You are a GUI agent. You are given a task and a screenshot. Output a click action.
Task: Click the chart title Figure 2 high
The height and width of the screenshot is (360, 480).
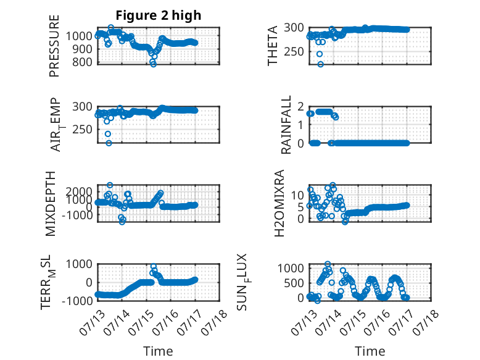(159, 15)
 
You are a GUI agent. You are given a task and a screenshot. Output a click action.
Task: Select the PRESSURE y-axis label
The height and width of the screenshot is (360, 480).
(54, 46)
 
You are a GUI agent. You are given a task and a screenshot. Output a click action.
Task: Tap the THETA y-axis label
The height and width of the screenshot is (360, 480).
(272, 46)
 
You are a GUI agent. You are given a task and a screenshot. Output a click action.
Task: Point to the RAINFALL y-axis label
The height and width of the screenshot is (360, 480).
(286, 125)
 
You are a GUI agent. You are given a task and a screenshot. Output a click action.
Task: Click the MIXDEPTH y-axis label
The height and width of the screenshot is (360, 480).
(51, 204)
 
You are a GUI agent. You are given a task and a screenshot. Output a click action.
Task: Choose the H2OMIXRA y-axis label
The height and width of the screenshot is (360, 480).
(279, 203)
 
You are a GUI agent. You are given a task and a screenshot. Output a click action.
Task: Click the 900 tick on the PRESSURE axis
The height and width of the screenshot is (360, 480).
(79, 49)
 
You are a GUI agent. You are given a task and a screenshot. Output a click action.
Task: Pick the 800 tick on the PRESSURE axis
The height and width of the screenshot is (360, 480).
(79, 62)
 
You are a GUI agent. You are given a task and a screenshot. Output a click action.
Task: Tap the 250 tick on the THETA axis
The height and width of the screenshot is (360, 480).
(294, 51)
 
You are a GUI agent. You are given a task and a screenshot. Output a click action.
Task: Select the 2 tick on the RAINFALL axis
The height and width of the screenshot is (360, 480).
(300, 107)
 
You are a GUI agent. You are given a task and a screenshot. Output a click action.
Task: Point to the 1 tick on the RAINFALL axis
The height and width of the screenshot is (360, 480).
(301, 125)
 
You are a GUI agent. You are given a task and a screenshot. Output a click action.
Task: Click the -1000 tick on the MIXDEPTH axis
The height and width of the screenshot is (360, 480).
(77, 215)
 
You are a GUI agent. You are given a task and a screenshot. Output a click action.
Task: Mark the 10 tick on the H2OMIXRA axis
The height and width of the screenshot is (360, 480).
(297, 195)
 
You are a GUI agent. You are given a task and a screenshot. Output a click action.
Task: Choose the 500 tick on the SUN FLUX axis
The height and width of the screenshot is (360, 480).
(294, 283)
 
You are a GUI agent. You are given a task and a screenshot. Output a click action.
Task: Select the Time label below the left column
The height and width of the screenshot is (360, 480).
(158, 351)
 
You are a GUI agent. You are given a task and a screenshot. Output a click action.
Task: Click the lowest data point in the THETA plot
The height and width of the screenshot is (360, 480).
(320, 64)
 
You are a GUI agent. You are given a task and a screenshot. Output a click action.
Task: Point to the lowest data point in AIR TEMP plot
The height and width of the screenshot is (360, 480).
(109, 143)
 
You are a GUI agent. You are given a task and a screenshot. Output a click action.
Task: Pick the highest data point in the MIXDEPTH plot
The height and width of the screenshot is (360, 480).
(110, 185)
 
